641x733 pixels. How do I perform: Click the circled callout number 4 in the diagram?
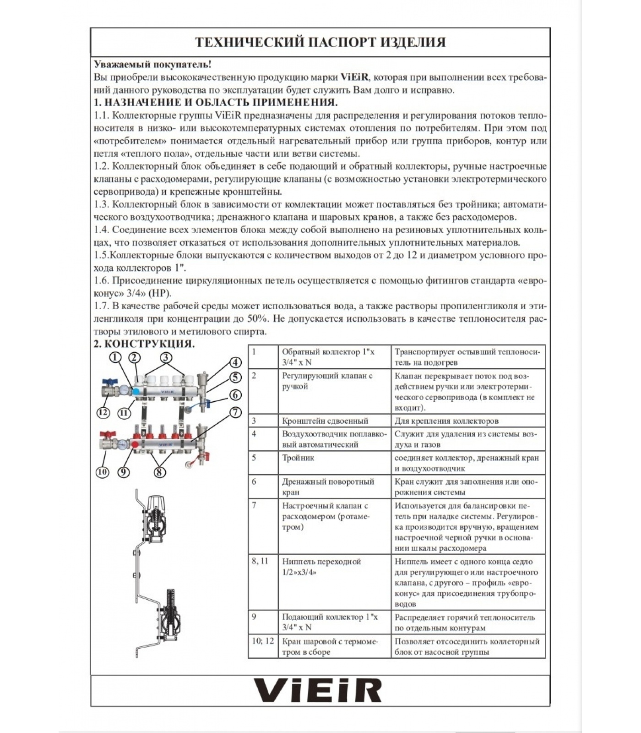click(235, 362)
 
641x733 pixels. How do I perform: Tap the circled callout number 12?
click(103, 412)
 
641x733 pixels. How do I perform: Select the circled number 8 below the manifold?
click(158, 471)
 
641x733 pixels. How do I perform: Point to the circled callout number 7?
click(235, 412)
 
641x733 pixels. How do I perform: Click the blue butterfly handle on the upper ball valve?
click(110, 381)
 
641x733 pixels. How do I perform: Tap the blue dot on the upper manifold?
click(136, 392)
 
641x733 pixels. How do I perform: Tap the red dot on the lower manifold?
click(135, 443)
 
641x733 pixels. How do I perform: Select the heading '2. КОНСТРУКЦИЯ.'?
click(144, 344)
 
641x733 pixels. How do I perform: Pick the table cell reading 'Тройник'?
click(298, 458)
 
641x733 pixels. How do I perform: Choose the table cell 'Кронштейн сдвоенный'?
click(325, 421)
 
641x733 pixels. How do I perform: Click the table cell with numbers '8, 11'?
click(260, 561)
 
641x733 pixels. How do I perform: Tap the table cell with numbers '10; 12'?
click(263, 641)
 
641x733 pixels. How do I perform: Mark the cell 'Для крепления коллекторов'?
click(446, 421)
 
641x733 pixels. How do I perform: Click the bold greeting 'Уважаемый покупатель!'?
click(153, 65)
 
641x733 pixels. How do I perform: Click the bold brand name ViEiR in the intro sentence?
click(354, 77)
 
